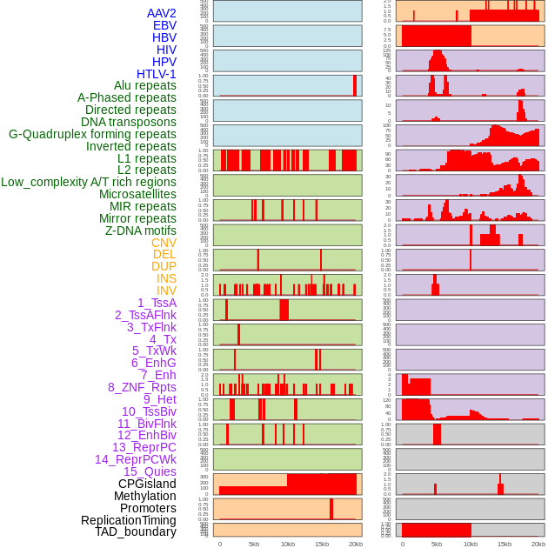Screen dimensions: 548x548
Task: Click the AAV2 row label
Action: pyautogui.click(x=161, y=13)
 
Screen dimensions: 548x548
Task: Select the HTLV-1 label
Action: pyautogui.click(x=157, y=74)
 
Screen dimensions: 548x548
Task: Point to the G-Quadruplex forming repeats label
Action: pyautogui.click(x=92, y=134)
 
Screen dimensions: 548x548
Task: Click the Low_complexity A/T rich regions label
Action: pyautogui.click(x=89, y=182)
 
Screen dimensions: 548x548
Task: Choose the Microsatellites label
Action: pyautogui.click(x=137, y=194)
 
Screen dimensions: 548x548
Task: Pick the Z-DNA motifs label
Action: pyautogui.click(x=141, y=231)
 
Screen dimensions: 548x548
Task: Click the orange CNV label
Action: pyautogui.click(x=164, y=243)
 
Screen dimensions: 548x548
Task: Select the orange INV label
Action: pyautogui.click(x=166, y=291)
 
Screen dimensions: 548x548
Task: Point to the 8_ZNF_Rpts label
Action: pyautogui.click(x=142, y=387)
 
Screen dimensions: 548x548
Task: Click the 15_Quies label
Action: pyautogui.click(x=150, y=471)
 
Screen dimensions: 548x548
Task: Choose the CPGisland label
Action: pyautogui.click(x=147, y=484)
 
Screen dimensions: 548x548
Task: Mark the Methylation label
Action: pyautogui.click(x=145, y=496)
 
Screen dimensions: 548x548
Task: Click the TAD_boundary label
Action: pyautogui.click(x=136, y=531)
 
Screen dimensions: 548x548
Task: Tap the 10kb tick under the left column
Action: pyautogui.click(x=288, y=544)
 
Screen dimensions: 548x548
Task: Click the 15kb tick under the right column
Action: pyautogui.click(x=505, y=544)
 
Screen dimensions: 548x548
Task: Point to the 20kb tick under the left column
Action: pyautogui.click(x=356, y=544)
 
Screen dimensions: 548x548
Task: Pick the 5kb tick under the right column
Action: pyautogui.click(x=437, y=544)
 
